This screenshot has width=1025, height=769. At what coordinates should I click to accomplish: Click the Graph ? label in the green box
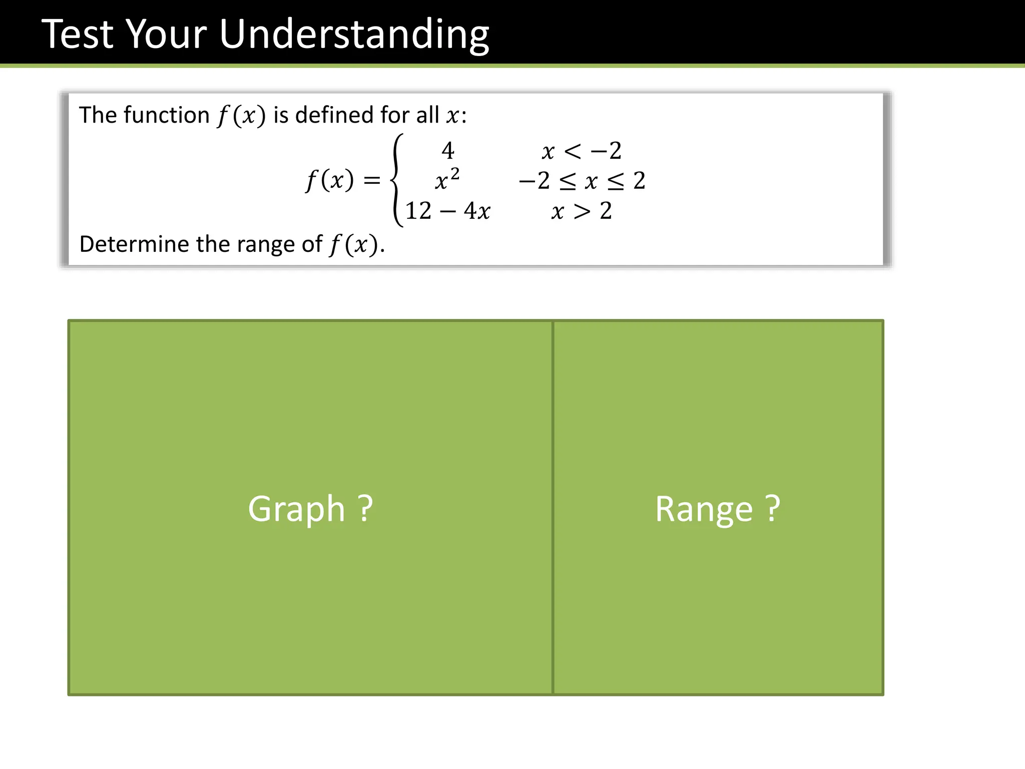[310, 509]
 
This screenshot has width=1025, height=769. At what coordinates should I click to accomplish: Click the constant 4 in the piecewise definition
[448, 151]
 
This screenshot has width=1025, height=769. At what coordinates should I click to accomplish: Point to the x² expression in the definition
[447, 180]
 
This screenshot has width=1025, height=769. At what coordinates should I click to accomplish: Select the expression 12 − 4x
[447, 211]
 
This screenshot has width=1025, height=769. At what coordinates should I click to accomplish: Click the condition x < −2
[582, 151]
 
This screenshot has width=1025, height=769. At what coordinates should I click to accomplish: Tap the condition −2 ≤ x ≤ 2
[582, 181]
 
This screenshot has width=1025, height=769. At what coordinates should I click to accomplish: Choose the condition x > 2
[582, 211]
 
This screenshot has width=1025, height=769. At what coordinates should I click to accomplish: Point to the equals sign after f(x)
[372, 180]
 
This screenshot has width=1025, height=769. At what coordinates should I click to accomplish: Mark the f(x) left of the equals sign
[330, 180]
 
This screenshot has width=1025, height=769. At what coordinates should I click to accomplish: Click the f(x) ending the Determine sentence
[353, 245]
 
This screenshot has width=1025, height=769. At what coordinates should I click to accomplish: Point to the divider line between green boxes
[553, 508]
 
